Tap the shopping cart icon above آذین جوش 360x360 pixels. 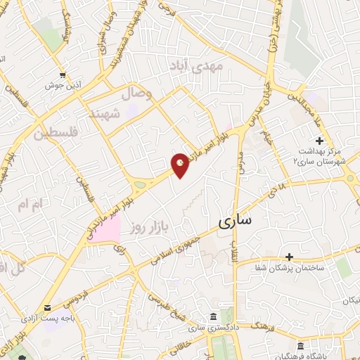63,75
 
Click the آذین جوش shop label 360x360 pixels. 64,86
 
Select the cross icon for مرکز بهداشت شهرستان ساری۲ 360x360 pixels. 319,141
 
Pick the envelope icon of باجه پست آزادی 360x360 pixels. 47,307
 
